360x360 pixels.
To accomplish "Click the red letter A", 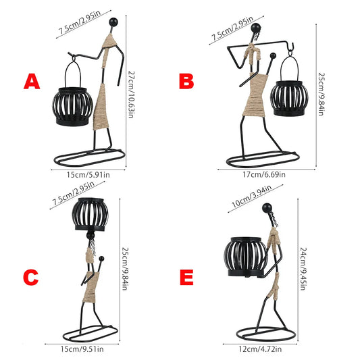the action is point(32,81).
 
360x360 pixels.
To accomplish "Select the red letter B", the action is point(186,82).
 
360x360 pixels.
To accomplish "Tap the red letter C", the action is point(31,278).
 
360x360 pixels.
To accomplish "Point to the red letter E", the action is point(186,278).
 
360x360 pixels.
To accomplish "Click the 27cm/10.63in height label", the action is point(131,95).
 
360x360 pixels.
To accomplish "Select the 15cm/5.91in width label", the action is point(88,175).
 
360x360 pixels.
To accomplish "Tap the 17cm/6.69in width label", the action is point(264,175).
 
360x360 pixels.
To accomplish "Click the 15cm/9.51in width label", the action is point(82,349).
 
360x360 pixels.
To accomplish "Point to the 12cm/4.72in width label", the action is point(260,349).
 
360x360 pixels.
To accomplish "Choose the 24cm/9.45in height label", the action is point(303,269).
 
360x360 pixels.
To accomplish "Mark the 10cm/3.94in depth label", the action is point(252,196).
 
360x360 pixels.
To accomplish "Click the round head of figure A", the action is point(113,22).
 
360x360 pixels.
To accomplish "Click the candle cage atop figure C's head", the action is point(90,214).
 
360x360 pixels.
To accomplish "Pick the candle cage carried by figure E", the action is point(246,257).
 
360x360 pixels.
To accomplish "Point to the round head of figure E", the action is point(267,208).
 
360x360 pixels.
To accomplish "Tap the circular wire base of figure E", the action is point(266,334).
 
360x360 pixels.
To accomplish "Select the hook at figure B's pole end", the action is point(290,47).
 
